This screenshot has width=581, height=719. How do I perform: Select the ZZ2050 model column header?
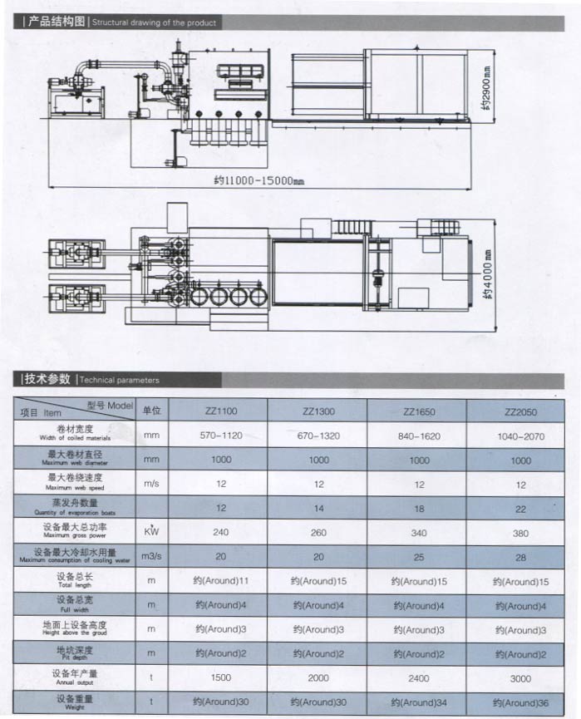[520, 411]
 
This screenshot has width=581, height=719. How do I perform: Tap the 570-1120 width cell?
[221, 435]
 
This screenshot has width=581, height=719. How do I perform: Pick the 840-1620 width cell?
[420, 436]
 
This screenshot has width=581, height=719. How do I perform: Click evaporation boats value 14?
[319, 508]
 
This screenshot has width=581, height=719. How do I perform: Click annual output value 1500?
[221, 677]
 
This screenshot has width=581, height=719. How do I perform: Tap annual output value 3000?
[520, 678]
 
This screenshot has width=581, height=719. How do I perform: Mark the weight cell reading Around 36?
[520, 702]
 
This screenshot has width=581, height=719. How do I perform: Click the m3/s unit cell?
[151, 556]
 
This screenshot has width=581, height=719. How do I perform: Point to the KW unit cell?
[151, 532]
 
